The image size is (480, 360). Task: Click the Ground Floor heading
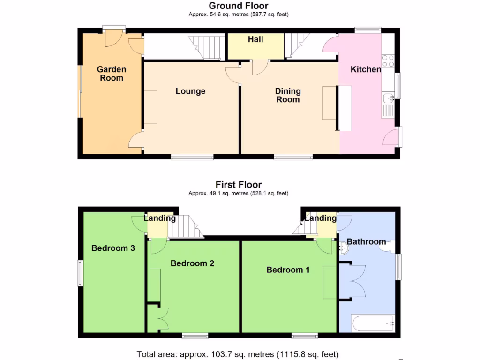tap(238, 6)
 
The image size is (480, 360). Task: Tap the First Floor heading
tap(238, 184)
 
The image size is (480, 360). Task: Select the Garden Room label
tap(112, 74)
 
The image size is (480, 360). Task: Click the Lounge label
tap(190, 91)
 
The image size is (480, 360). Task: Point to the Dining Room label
tap(288, 95)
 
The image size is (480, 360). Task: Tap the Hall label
tap(255, 39)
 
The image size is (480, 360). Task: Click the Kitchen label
tap(366, 69)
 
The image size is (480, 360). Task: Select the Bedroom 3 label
tap(113, 248)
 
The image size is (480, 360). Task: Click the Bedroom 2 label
tap(192, 263)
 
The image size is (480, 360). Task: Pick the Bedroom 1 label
tap(288, 270)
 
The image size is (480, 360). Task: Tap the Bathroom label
tap(366, 242)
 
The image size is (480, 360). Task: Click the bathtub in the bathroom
tap(373, 323)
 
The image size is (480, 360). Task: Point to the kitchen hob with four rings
tap(388, 61)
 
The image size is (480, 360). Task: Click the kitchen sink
tap(388, 98)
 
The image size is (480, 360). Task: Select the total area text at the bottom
tap(237, 354)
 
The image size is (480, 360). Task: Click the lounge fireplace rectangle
tap(151, 107)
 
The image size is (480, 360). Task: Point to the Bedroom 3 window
tap(80, 273)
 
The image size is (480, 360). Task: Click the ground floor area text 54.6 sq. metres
tap(238, 15)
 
